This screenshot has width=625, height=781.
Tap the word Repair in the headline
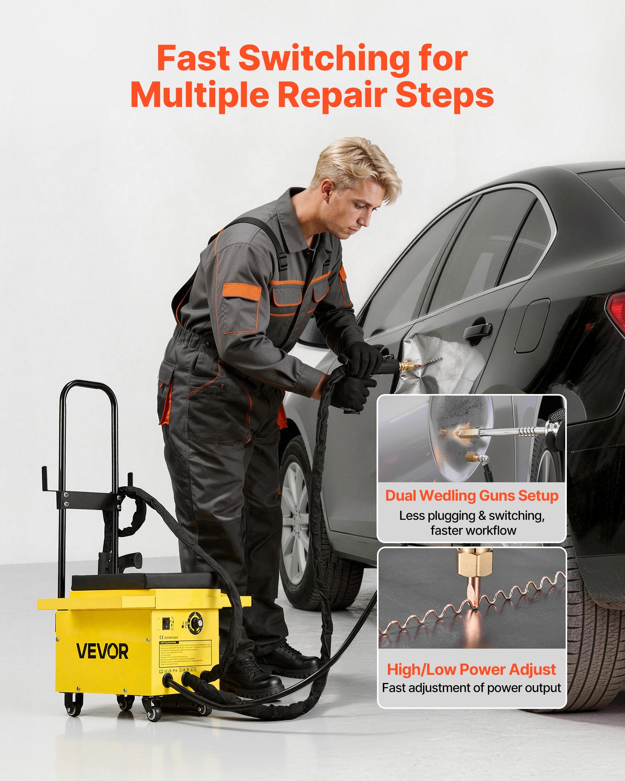[x=332, y=96]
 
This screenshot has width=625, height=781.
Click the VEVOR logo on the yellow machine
[x=102, y=651]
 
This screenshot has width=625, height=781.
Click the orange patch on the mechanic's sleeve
[x=242, y=292]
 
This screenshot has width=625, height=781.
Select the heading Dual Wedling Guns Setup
[x=471, y=496]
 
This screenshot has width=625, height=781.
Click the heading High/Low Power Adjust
[x=471, y=669]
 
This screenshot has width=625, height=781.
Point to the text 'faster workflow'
[x=473, y=530]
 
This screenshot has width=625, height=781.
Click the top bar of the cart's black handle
[x=89, y=385]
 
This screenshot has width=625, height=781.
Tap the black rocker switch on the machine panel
[x=166, y=623]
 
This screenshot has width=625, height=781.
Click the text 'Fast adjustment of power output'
[x=471, y=688]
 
